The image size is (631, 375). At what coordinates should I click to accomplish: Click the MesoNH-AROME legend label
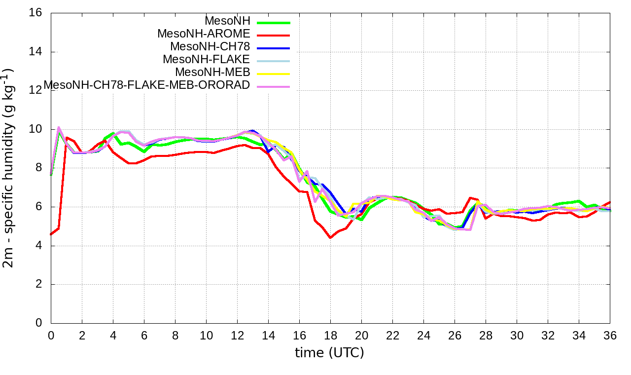click(x=204, y=34)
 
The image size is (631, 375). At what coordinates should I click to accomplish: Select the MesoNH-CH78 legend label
click(x=210, y=46)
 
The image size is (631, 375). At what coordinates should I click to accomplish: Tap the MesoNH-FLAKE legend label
click(x=207, y=59)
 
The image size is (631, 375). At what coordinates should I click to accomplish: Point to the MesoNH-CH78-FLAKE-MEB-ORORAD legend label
click(x=147, y=85)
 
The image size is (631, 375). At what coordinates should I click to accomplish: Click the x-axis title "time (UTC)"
click(x=329, y=353)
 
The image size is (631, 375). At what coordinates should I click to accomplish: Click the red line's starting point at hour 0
click(x=51, y=234)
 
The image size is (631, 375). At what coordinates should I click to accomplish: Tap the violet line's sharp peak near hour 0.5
click(x=59, y=127)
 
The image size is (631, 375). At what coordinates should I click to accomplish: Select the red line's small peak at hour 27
click(x=470, y=198)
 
